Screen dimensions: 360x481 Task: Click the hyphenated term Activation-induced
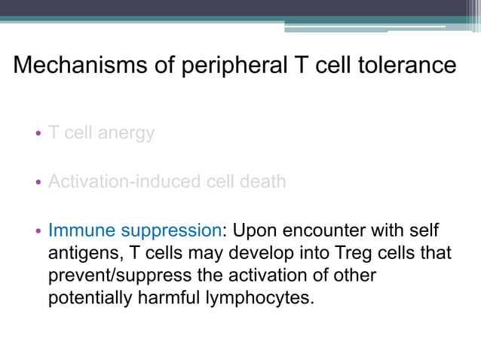tap(117, 182)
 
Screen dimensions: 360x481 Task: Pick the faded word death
tap(262, 182)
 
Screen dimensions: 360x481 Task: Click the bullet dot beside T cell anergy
tap(38, 135)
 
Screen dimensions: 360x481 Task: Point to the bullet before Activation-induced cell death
tap(38, 183)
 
